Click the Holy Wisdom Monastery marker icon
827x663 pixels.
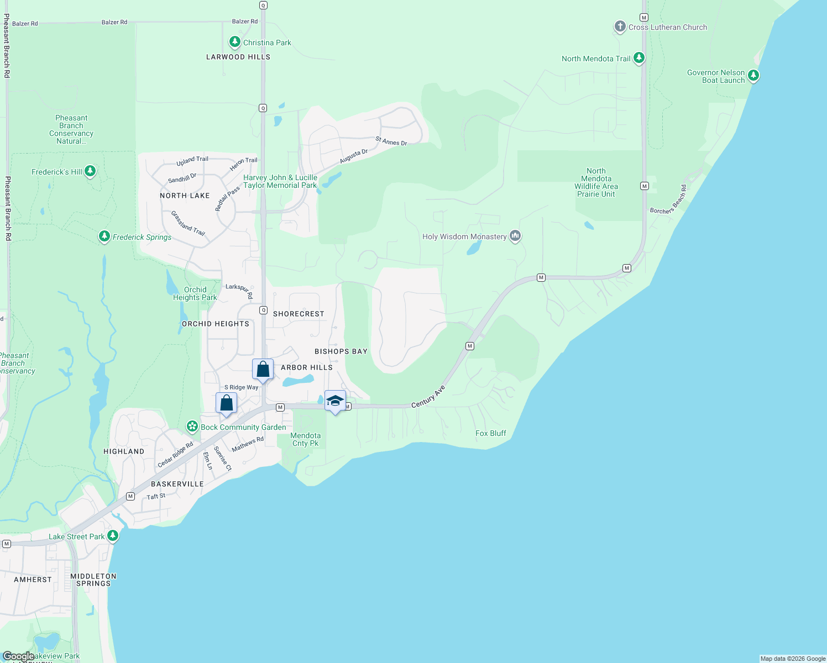click(515, 236)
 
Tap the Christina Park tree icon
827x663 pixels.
click(235, 42)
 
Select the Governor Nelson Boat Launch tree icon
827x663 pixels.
click(753, 76)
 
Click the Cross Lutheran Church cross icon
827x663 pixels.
click(620, 27)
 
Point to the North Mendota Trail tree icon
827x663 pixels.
click(639, 58)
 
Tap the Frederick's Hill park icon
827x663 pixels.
click(90, 172)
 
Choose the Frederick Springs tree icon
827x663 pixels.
click(104, 236)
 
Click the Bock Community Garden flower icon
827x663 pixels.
click(192, 427)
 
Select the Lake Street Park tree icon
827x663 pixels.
click(113, 536)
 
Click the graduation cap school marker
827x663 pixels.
click(335, 400)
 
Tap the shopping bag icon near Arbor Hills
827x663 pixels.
click(263, 369)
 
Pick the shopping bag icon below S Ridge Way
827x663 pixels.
click(226, 403)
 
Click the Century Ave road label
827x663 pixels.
click(428, 397)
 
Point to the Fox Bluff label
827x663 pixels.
click(490, 433)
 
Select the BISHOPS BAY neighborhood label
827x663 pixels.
click(341, 351)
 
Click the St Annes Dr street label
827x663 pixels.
click(391, 141)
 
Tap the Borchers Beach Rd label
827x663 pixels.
click(668, 200)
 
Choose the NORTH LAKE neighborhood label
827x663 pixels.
click(185, 196)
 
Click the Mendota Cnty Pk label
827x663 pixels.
click(305, 439)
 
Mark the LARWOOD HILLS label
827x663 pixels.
click(238, 57)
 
